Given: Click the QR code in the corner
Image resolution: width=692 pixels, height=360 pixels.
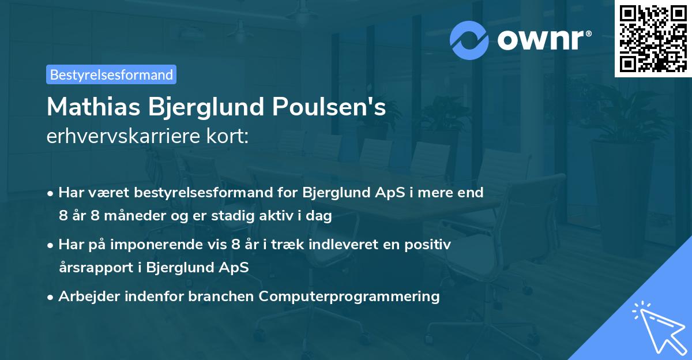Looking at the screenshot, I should (653, 38).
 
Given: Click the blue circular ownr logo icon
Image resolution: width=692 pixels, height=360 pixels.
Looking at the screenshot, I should (469, 40).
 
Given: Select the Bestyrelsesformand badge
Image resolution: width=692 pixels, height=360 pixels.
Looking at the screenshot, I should (111, 74).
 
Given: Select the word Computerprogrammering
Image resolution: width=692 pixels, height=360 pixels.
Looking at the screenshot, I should (349, 297).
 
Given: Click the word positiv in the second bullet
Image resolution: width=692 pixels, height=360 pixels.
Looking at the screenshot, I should (430, 245).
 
